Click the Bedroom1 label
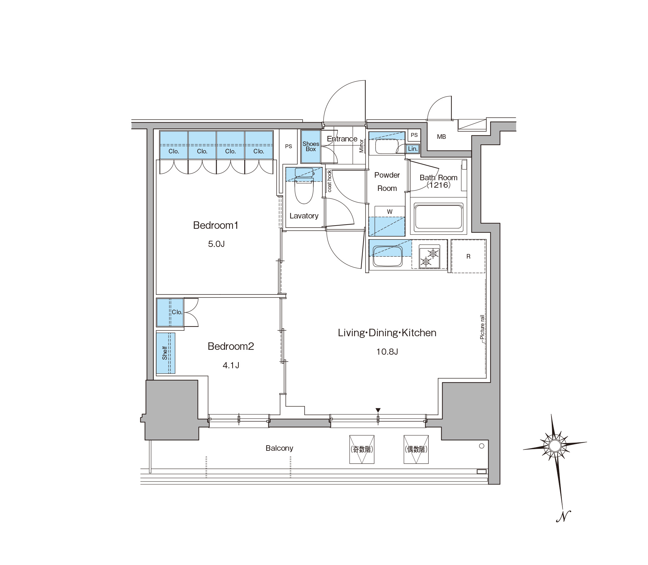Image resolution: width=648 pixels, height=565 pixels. [x=216, y=225]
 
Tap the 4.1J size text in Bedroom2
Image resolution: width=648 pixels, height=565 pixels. [x=231, y=365]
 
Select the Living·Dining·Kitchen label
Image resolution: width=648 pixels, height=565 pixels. [x=387, y=333]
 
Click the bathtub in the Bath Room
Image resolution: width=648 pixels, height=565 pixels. [x=438, y=216]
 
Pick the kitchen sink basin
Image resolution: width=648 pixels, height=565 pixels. [x=388, y=256]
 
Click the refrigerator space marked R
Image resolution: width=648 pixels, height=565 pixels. [x=468, y=256]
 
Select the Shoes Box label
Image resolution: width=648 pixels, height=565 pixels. [x=311, y=146]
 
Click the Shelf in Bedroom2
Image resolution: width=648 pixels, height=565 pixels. [x=166, y=353]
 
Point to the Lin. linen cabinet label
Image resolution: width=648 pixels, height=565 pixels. [x=412, y=149]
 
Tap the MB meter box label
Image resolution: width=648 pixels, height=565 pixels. [x=441, y=137]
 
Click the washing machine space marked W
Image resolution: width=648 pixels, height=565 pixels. [x=390, y=212]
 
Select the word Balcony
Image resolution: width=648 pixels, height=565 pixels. [x=279, y=448]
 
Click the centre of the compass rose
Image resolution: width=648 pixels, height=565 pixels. [x=555, y=446]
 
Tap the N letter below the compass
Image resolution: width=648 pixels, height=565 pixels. [x=563, y=516]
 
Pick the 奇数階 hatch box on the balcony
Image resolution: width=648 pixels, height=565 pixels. [x=362, y=449]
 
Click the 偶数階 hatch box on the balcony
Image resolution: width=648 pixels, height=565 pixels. [x=416, y=449]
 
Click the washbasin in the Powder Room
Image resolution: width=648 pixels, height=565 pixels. [x=387, y=147]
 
